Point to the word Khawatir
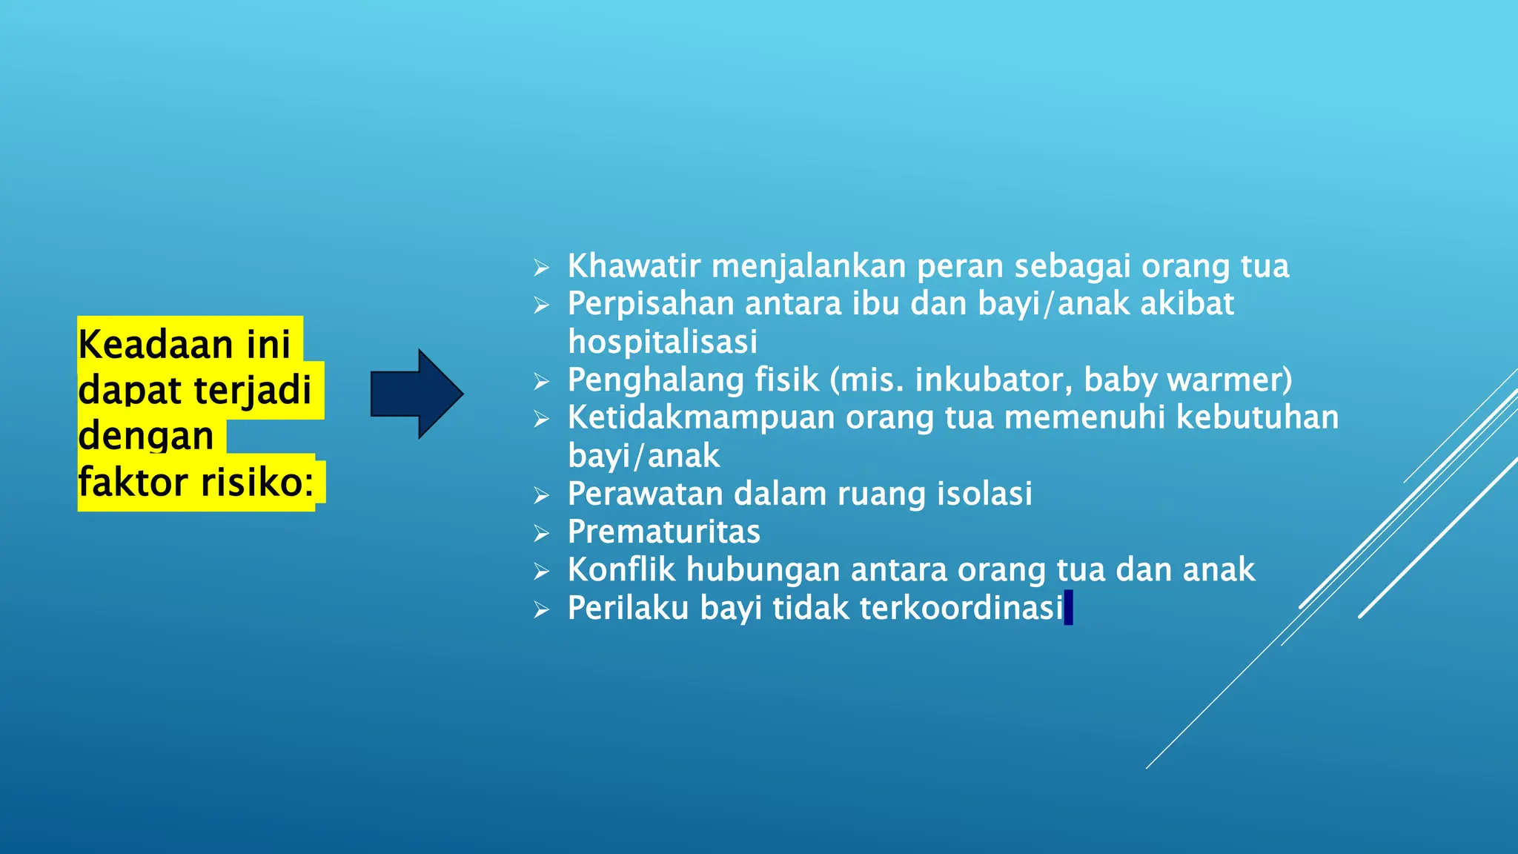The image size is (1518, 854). (633, 266)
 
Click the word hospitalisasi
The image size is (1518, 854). (663, 342)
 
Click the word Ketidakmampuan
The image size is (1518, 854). (701, 418)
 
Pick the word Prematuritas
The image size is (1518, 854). (664, 532)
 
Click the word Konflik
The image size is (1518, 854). (621, 570)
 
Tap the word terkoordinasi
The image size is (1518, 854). (961, 608)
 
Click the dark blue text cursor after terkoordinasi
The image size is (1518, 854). (1068, 608)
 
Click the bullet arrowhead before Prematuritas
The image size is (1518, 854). (542, 534)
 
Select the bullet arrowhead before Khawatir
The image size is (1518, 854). (542, 268)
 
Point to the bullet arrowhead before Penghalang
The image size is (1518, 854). (542, 382)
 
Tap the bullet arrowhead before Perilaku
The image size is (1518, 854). (542, 610)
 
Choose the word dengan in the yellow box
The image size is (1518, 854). (146, 436)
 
